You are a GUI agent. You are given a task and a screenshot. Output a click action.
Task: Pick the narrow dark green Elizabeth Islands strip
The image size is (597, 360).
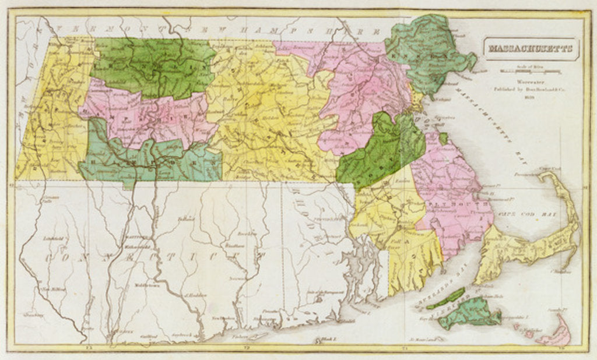(x=445, y=298)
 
